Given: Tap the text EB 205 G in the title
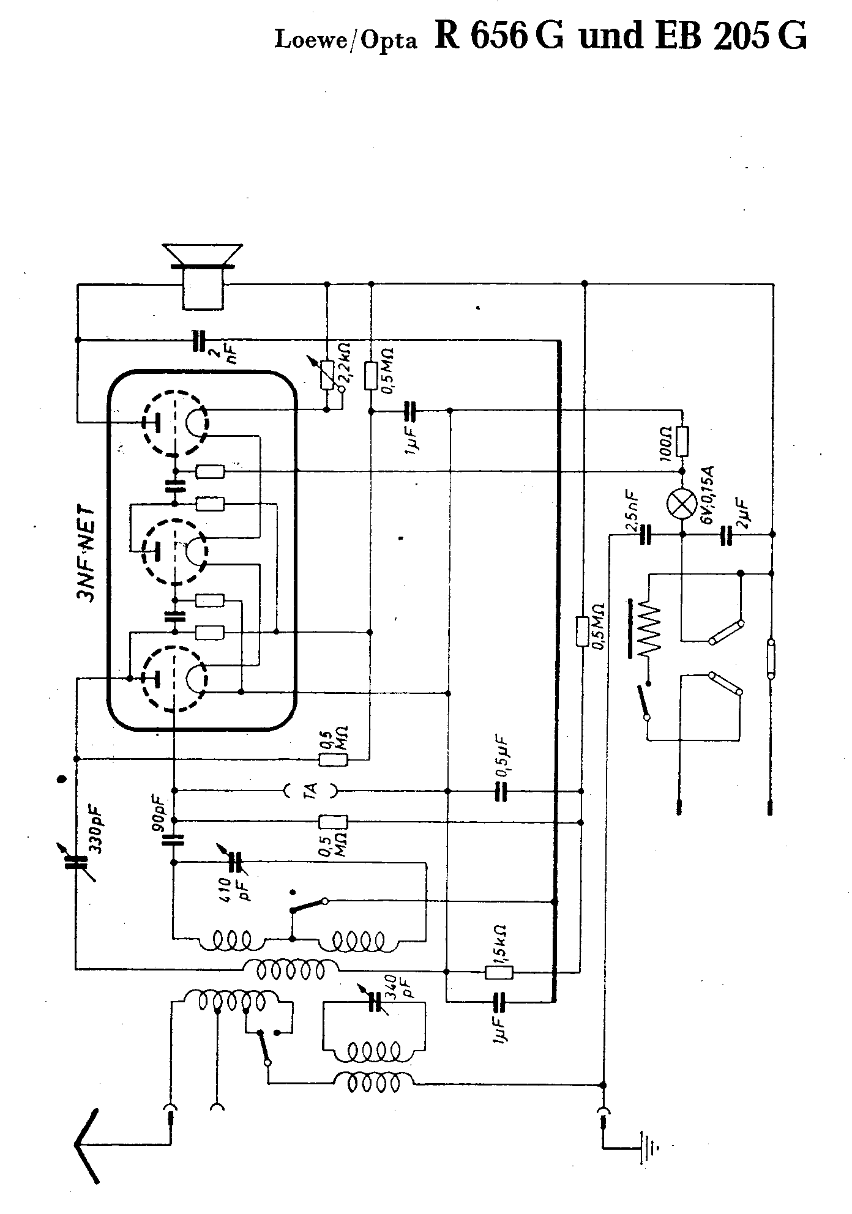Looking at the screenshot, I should click(x=730, y=37).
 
